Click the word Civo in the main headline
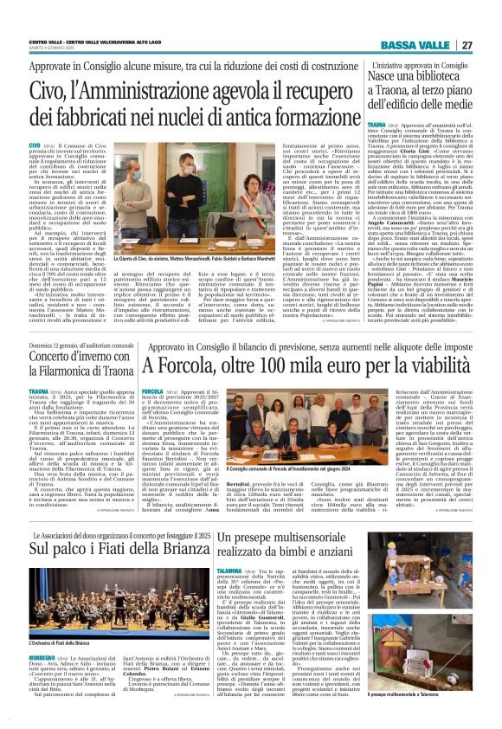(x=49, y=87)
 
